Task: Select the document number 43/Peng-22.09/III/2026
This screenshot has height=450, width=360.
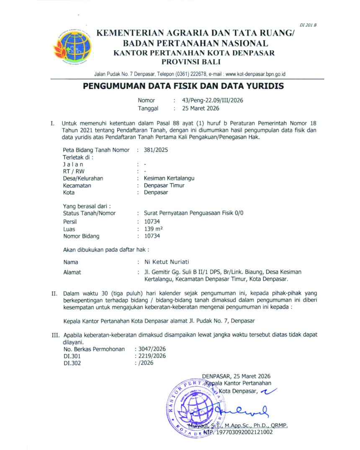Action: coord(213,100)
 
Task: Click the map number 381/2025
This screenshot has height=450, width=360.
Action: coord(156,149)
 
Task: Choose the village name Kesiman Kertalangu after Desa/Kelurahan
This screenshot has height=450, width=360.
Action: coord(169,178)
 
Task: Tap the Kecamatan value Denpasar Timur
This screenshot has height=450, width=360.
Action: coord(164,185)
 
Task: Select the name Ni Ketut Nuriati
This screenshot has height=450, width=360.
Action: coord(167,262)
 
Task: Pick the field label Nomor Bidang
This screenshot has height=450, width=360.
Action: coord(81,236)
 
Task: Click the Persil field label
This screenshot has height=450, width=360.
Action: coord(70,221)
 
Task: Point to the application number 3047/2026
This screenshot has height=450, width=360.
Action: coord(152,349)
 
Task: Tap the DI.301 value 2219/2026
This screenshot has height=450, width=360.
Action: coord(152,356)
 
